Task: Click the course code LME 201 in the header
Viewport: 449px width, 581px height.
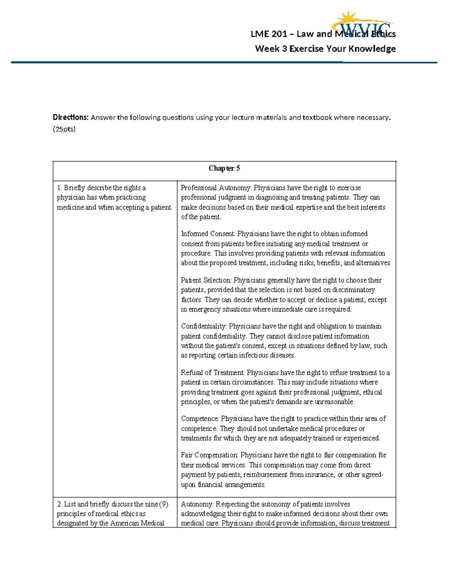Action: (x=269, y=34)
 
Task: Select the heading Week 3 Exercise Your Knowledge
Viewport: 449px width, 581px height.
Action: (x=325, y=49)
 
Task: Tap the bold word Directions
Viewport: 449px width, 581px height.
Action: (x=70, y=117)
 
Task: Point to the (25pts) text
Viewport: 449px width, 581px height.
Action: (x=64, y=129)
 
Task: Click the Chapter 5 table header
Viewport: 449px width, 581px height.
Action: (x=224, y=168)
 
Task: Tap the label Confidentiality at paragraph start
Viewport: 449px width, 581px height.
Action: (x=204, y=326)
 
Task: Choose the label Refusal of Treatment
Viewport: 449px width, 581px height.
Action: (x=212, y=373)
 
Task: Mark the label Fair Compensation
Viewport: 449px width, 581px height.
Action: (x=209, y=455)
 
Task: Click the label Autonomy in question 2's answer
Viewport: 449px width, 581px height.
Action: (x=197, y=504)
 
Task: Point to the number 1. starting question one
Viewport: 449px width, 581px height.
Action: (x=59, y=188)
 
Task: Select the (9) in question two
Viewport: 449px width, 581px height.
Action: (x=164, y=504)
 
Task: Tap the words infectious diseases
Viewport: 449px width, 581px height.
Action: (x=267, y=355)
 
